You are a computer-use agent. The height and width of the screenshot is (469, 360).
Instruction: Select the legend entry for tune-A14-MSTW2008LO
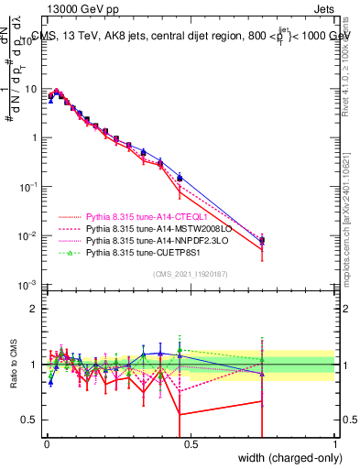(143, 231)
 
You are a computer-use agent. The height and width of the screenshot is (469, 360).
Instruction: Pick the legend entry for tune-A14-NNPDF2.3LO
(143, 243)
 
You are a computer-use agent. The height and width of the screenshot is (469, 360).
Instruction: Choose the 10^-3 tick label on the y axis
(27, 285)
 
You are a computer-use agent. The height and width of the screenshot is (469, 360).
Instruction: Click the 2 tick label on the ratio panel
(33, 308)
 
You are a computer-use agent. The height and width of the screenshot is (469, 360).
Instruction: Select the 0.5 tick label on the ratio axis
(29, 420)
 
